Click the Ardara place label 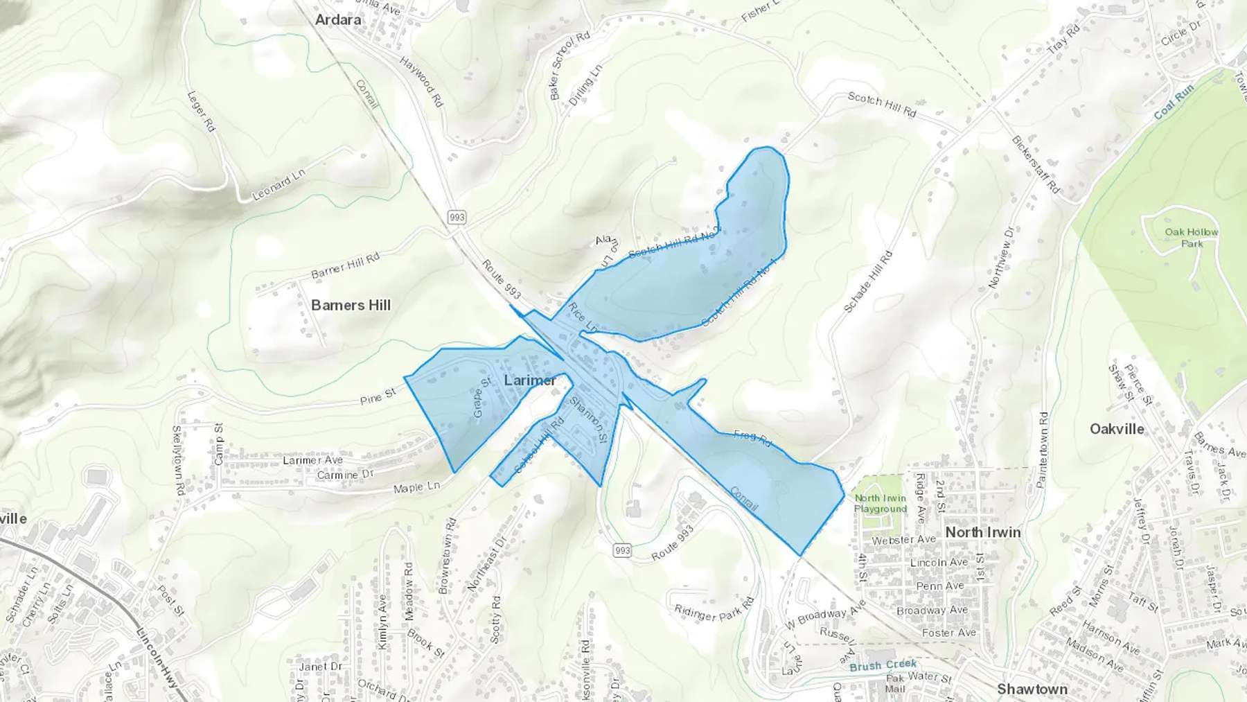pyautogui.click(x=338, y=19)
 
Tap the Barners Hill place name pyautogui.click(x=351, y=305)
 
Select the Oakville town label pyautogui.click(x=1117, y=429)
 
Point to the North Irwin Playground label pyautogui.click(x=880, y=503)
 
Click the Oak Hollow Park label pyautogui.click(x=1192, y=237)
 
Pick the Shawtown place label pyautogui.click(x=1032, y=689)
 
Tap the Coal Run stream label pyautogui.click(x=1174, y=102)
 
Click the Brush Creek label pyautogui.click(x=883, y=665)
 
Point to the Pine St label pyautogui.click(x=378, y=397)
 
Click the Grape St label pyautogui.click(x=481, y=396)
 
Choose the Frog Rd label pyautogui.click(x=752, y=438)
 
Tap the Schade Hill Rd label pyautogui.click(x=868, y=282)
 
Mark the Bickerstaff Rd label pyautogui.click(x=1036, y=164)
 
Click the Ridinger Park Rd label pyautogui.click(x=714, y=610)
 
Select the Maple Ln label pyautogui.click(x=416, y=488)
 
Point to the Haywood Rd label pyautogui.click(x=421, y=81)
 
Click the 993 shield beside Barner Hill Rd pyautogui.click(x=457, y=217)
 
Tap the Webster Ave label pyautogui.click(x=903, y=540)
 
